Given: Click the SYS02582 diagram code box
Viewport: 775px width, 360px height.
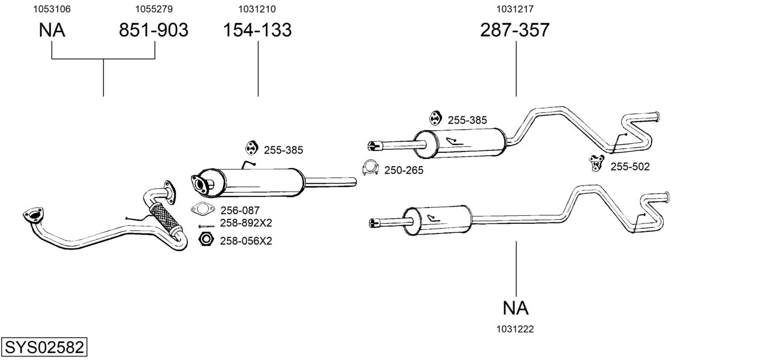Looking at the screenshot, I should [44, 348].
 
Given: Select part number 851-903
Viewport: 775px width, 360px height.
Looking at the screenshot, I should [153, 30].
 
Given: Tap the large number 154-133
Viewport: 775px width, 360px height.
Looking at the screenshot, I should [257, 30].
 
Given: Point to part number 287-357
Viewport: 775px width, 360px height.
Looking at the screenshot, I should [515, 30].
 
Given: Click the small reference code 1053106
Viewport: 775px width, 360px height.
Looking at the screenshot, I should [52, 9].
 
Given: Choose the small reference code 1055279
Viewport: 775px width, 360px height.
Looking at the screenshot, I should [153, 9].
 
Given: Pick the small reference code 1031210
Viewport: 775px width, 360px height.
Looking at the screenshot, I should [257, 9].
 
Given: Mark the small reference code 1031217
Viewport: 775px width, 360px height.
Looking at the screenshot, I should [515, 9].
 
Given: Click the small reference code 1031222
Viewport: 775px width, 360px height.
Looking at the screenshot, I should [515, 329].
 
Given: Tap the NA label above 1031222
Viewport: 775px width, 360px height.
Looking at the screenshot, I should [516, 308].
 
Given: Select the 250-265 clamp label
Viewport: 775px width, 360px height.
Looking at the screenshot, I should [403, 171].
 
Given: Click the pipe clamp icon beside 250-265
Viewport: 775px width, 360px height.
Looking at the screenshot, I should [371, 168].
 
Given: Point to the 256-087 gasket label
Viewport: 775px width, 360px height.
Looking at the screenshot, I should [240, 210].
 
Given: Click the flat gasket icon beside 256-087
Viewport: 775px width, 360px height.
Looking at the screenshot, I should [203, 209].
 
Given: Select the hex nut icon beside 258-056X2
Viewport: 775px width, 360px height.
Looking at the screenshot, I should [205, 239].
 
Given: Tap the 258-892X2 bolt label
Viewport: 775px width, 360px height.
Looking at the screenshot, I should [246, 223].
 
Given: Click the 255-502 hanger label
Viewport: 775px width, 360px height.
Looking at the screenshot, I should [630, 167].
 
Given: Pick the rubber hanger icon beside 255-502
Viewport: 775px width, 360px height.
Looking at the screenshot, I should [597, 163].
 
